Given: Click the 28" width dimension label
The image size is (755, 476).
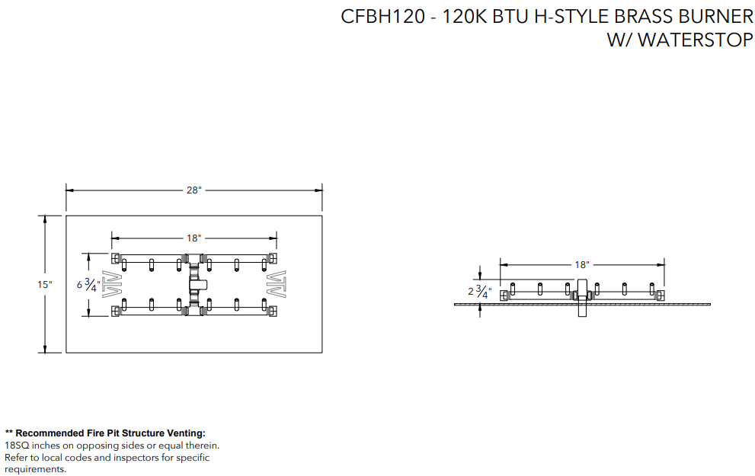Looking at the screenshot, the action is (194, 190).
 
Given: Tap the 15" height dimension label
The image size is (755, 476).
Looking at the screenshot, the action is (45, 284).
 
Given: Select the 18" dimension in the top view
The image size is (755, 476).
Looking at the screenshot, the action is (194, 238).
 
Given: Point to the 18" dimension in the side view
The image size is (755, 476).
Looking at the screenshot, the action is (582, 265).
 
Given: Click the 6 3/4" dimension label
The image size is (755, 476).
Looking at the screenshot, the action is (88, 285).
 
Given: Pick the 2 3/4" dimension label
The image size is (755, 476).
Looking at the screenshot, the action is (479, 292).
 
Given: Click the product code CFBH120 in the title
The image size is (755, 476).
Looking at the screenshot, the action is (382, 17).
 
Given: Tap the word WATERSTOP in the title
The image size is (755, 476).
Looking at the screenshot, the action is (696, 40).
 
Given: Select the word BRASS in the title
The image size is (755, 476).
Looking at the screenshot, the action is (643, 17).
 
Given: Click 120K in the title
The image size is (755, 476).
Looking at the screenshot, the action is (465, 17).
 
